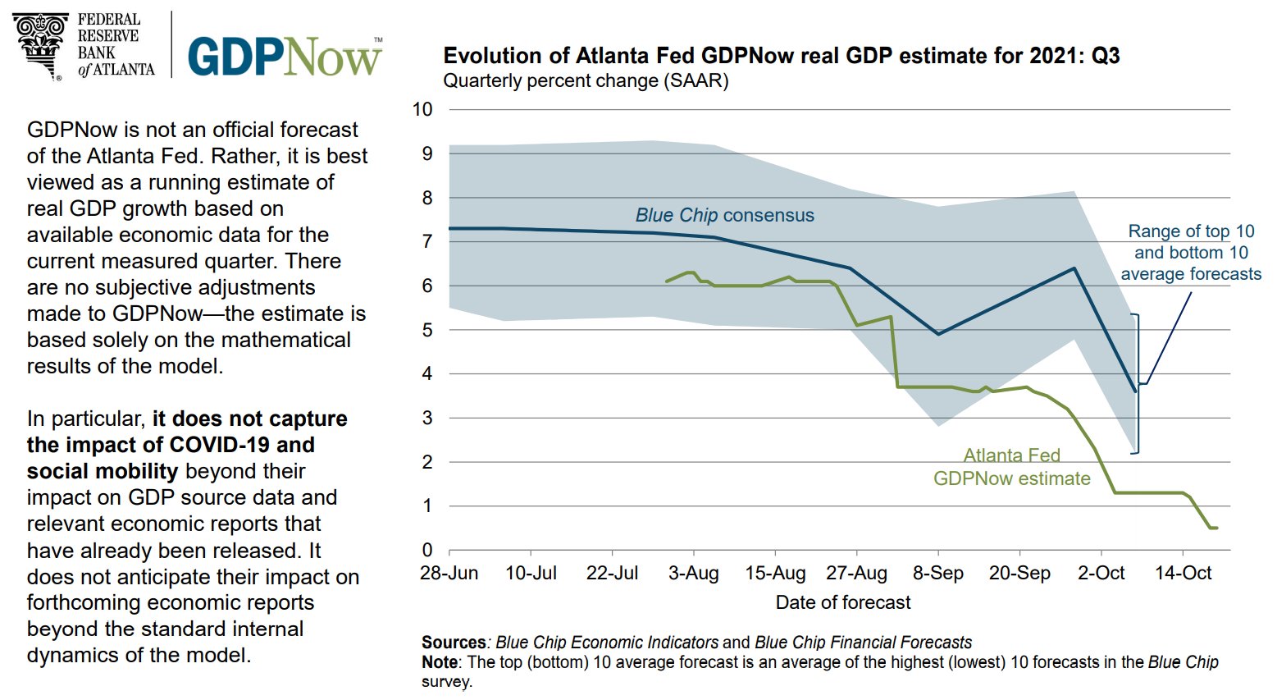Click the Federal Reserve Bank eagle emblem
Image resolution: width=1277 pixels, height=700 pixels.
click(x=40, y=44)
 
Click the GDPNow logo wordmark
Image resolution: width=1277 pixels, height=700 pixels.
click(x=284, y=56)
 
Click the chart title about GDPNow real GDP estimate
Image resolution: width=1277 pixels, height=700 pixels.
click(x=781, y=56)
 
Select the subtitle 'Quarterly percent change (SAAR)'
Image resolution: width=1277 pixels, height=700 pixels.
click(x=586, y=81)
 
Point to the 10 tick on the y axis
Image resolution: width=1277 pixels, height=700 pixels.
click(x=422, y=110)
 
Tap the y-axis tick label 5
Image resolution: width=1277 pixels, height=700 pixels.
click(x=426, y=330)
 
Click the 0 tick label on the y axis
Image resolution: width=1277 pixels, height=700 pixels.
click(x=426, y=550)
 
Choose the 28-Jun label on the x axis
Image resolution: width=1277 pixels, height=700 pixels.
click(x=449, y=573)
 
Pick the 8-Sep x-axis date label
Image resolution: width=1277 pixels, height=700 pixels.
click(x=938, y=573)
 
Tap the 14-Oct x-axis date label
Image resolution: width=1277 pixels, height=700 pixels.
click(x=1183, y=573)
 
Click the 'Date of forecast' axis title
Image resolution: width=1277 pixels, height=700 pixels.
click(x=843, y=602)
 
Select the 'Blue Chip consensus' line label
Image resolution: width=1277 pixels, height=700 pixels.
click(x=724, y=215)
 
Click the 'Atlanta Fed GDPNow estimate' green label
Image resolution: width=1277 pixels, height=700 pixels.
click(x=1012, y=467)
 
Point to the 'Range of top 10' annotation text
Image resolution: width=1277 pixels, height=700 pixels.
click(x=1191, y=231)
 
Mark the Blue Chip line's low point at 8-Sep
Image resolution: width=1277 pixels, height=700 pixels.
click(x=938, y=334)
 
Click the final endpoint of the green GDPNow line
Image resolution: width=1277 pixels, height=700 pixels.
click(x=1215, y=528)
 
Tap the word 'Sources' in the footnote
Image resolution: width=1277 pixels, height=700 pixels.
click(x=454, y=642)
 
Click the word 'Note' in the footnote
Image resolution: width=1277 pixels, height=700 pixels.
click(x=439, y=661)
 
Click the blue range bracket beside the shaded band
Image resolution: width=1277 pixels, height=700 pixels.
click(x=1138, y=383)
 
